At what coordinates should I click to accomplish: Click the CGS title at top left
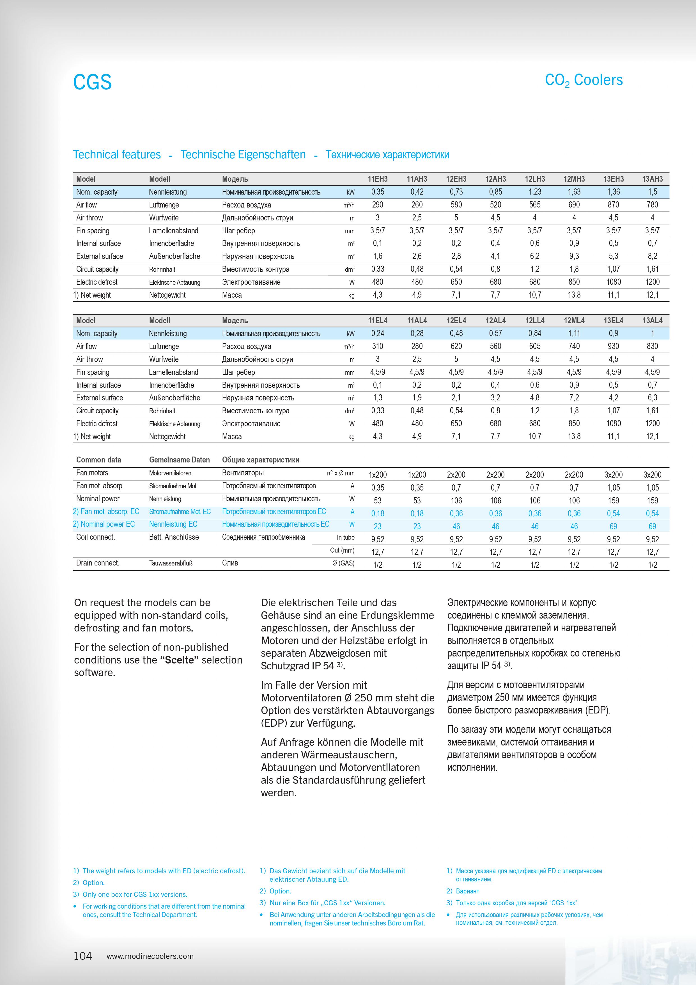click(x=92, y=82)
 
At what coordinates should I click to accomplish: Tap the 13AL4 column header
click(x=652, y=320)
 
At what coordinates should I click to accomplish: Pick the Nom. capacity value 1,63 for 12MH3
click(x=574, y=192)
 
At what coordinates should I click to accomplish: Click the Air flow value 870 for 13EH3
click(x=613, y=205)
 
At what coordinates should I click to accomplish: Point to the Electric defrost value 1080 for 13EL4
click(x=613, y=423)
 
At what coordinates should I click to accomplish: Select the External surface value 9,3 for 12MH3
click(x=574, y=256)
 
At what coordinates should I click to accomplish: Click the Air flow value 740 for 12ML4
click(x=574, y=346)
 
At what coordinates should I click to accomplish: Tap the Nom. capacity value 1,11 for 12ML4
click(x=574, y=333)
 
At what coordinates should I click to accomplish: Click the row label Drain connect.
click(x=98, y=563)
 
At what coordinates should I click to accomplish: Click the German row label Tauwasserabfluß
click(x=171, y=563)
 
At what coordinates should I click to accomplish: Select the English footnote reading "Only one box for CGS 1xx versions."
click(x=135, y=895)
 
